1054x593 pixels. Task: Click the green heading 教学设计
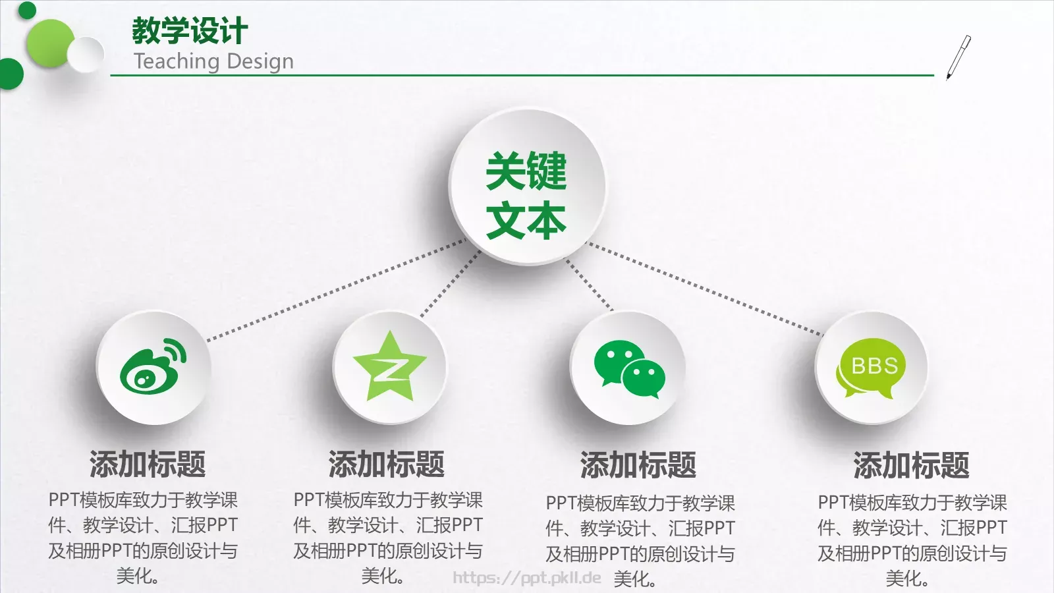[190, 30]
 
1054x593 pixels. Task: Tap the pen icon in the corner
[958, 57]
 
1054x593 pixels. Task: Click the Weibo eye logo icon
[153, 366]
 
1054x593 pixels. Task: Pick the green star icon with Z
[390, 367]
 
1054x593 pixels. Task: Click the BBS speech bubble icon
[871, 368]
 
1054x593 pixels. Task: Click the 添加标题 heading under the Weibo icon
[148, 464]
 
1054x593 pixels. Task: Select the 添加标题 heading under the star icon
[387, 464]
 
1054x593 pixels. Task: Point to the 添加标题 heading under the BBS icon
[911, 465]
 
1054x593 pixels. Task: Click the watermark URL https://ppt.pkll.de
[527, 578]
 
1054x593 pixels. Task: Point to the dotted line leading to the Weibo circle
[336, 290]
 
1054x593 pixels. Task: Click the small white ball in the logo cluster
[86, 54]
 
